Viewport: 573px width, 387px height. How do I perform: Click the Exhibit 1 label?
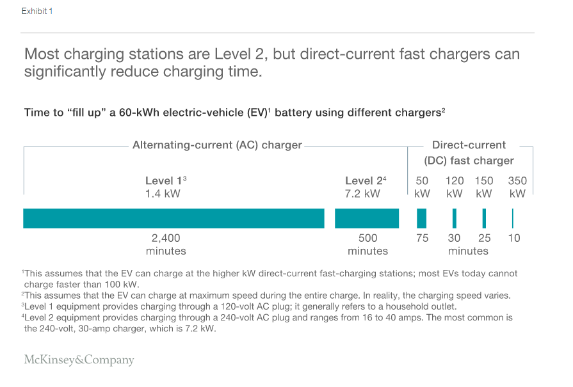37,12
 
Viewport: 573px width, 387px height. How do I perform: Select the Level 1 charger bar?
174,218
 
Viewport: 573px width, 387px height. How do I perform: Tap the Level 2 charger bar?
367,218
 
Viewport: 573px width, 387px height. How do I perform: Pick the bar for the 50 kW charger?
421,218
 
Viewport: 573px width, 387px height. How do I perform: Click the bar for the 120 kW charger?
455,218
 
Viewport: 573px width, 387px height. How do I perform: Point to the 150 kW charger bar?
484,218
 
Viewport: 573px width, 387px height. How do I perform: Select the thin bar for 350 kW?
513,218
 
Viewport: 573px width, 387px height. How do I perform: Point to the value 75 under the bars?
422,238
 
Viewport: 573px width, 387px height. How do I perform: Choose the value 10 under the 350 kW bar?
514,238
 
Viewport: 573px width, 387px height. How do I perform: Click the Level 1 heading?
165,181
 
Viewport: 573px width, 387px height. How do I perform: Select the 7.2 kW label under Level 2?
362,193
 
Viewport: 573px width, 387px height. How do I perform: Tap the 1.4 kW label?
163,193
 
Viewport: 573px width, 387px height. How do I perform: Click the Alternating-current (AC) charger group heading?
217,145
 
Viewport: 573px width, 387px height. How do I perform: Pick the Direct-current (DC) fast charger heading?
469,153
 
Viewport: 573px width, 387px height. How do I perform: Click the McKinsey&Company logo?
79,359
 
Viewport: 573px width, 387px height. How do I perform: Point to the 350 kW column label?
517,187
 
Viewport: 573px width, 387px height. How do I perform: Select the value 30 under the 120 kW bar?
454,238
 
